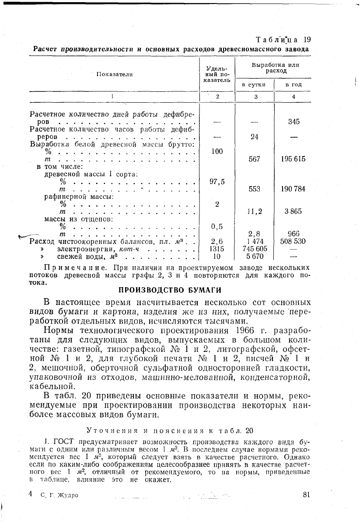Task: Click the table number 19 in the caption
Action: (x=307, y=39)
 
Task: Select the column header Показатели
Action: (x=114, y=74)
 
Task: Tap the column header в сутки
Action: (x=254, y=84)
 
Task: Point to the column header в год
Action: (x=293, y=84)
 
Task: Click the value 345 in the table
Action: (x=294, y=122)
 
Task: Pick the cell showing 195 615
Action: (x=293, y=159)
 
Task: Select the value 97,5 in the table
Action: (x=217, y=182)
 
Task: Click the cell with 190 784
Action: (x=293, y=189)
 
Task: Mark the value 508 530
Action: (x=293, y=241)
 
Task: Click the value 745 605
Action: (x=255, y=249)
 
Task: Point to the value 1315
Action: (x=217, y=249)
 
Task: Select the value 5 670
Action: (x=255, y=257)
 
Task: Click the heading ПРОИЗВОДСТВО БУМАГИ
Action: (x=171, y=290)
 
